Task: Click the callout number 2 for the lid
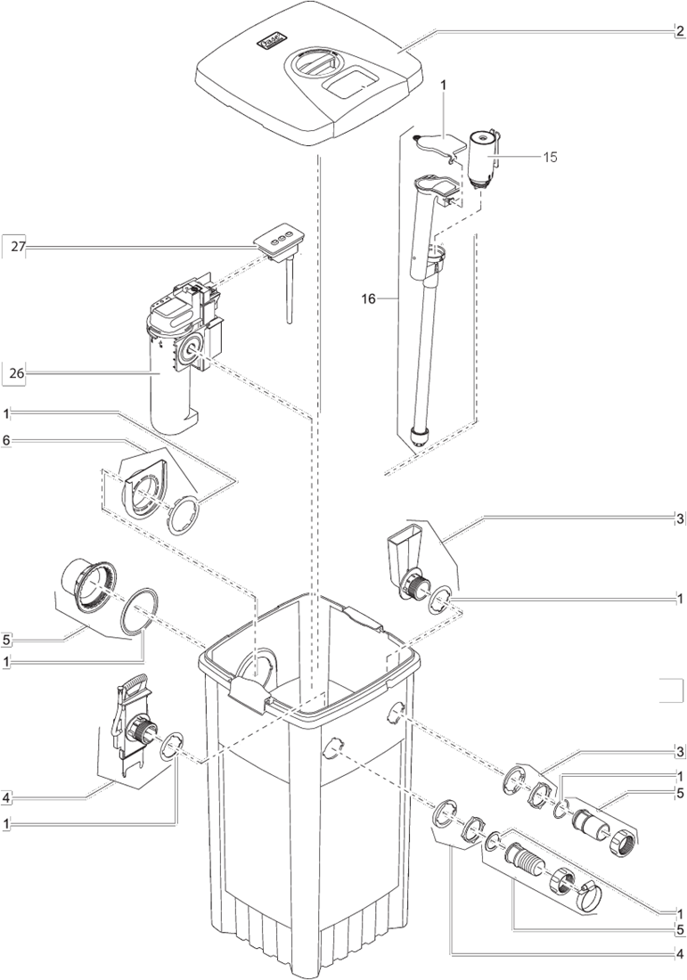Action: pyautogui.click(x=680, y=32)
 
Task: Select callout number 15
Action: pyautogui.click(x=550, y=157)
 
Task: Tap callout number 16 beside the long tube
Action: pyautogui.click(x=369, y=298)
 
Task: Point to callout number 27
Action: pyautogui.click(x=18, y=247)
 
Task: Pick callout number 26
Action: pyautogui.click(x=18, y=374)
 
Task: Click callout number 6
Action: pyautogui.click(x=6, y=441)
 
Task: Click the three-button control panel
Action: pyautogui.click(x=279, y=241)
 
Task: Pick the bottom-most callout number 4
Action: pyautogui.click(x=680, y=954)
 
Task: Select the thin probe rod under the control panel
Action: pyautogui.click(x=290, y=292)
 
